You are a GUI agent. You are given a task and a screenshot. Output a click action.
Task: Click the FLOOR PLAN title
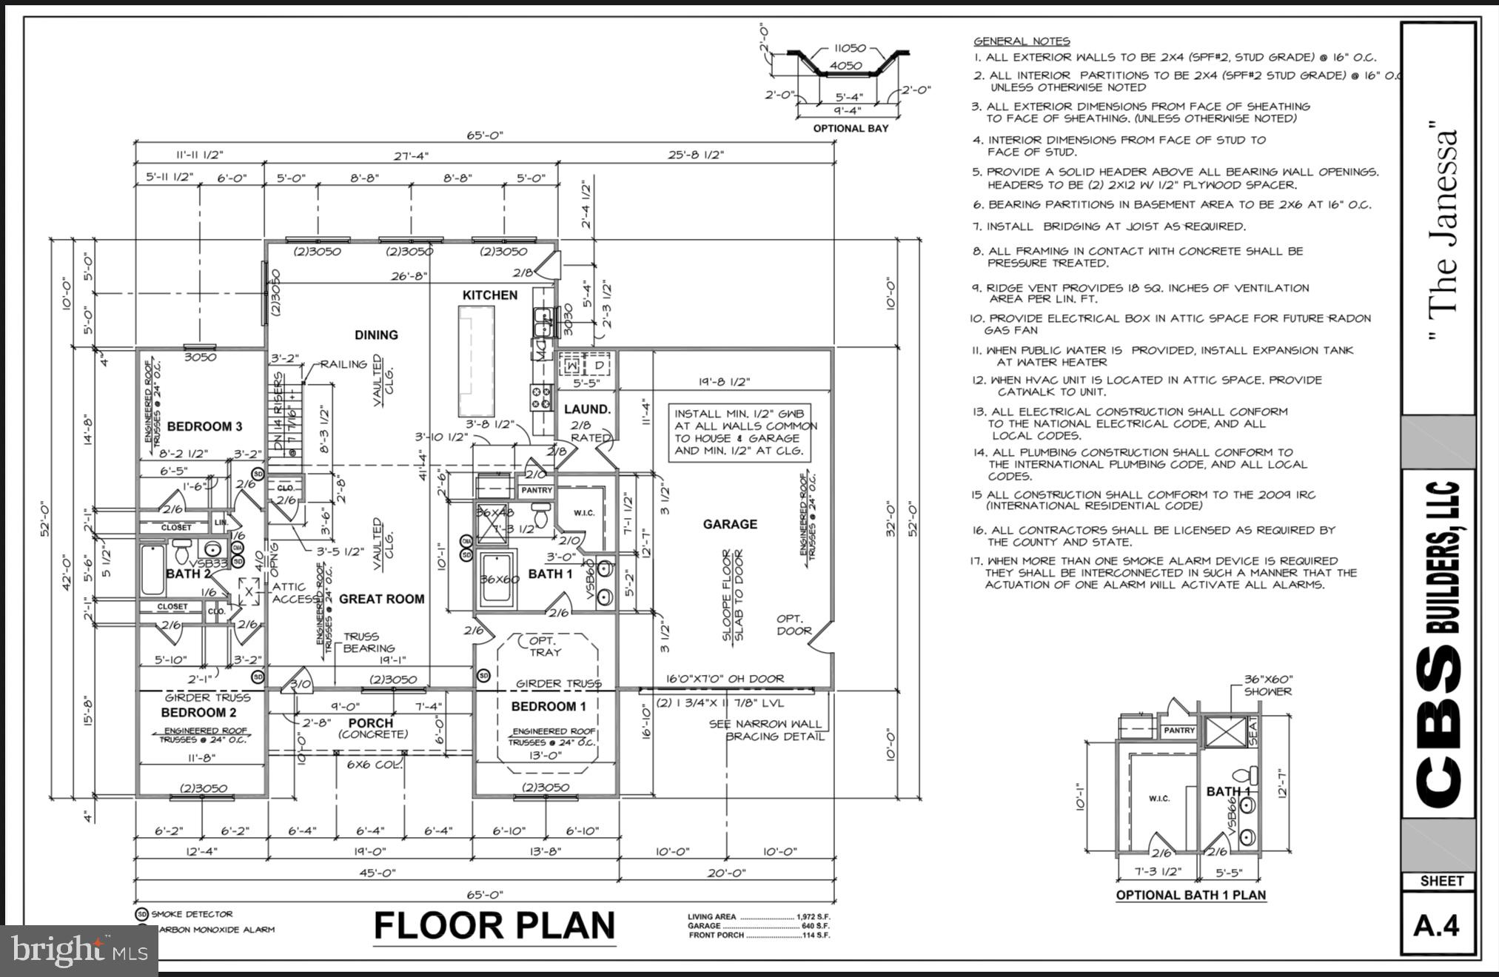click(494, 925)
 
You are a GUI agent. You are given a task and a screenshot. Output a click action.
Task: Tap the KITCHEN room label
click(489, 295)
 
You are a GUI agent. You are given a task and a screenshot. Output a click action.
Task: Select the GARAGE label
click(730, 524)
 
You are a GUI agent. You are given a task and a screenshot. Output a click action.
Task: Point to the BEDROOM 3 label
click(204, 426)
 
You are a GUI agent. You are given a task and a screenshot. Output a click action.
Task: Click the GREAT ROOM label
click(381, 599)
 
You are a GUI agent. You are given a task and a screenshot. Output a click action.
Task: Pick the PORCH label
click(371, 722)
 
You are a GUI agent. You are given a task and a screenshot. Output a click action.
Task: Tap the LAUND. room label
click(587, 409)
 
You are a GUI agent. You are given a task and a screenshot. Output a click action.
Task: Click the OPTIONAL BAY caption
click(851, 128)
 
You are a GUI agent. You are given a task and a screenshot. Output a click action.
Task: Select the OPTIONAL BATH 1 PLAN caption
click(1190, 895)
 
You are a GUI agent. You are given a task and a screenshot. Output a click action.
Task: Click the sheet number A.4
click(1436, 926)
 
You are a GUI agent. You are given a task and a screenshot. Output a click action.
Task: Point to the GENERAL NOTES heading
click(1021, 41)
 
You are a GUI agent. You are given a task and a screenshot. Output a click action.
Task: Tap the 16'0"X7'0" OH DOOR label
click(725, 678)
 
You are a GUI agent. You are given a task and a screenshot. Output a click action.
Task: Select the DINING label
click(376, 335)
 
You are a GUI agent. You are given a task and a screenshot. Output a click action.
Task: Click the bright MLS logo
click(78, 949)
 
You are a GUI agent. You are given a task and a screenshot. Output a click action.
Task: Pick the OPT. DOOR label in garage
click(794, 625)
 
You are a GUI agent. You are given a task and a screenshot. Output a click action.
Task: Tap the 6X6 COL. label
click(375, 764)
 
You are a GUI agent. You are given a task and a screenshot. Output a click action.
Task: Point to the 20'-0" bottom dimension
click(726, 873)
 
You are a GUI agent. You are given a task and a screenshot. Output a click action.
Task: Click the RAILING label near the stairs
click(343, 364)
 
